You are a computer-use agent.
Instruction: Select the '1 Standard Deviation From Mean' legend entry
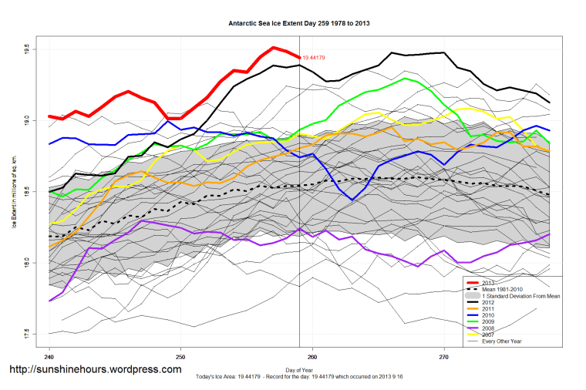coord(518,296)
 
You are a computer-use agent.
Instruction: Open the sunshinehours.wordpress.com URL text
coord(95,369)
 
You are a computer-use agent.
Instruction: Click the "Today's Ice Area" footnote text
coord(299,375)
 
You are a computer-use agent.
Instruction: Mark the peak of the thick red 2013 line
coord(274,48)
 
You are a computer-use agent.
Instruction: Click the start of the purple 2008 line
coord(49,301)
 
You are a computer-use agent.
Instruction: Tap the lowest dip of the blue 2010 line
coord(352,200)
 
